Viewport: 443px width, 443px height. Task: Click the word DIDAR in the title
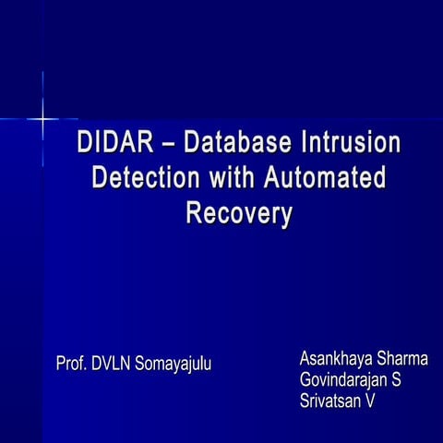click(114, 146)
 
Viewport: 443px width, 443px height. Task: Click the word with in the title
click(231, 179)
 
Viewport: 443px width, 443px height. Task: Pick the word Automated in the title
click(326, 179)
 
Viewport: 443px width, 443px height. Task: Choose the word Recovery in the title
click(240, 212)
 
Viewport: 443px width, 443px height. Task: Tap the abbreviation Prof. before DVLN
click(72, 362)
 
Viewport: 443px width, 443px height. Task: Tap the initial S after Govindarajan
click(396, 380)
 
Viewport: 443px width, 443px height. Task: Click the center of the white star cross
click(42, 119)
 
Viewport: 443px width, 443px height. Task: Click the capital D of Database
click(192, 146)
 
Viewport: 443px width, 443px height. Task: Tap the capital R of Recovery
click(194, 212)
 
